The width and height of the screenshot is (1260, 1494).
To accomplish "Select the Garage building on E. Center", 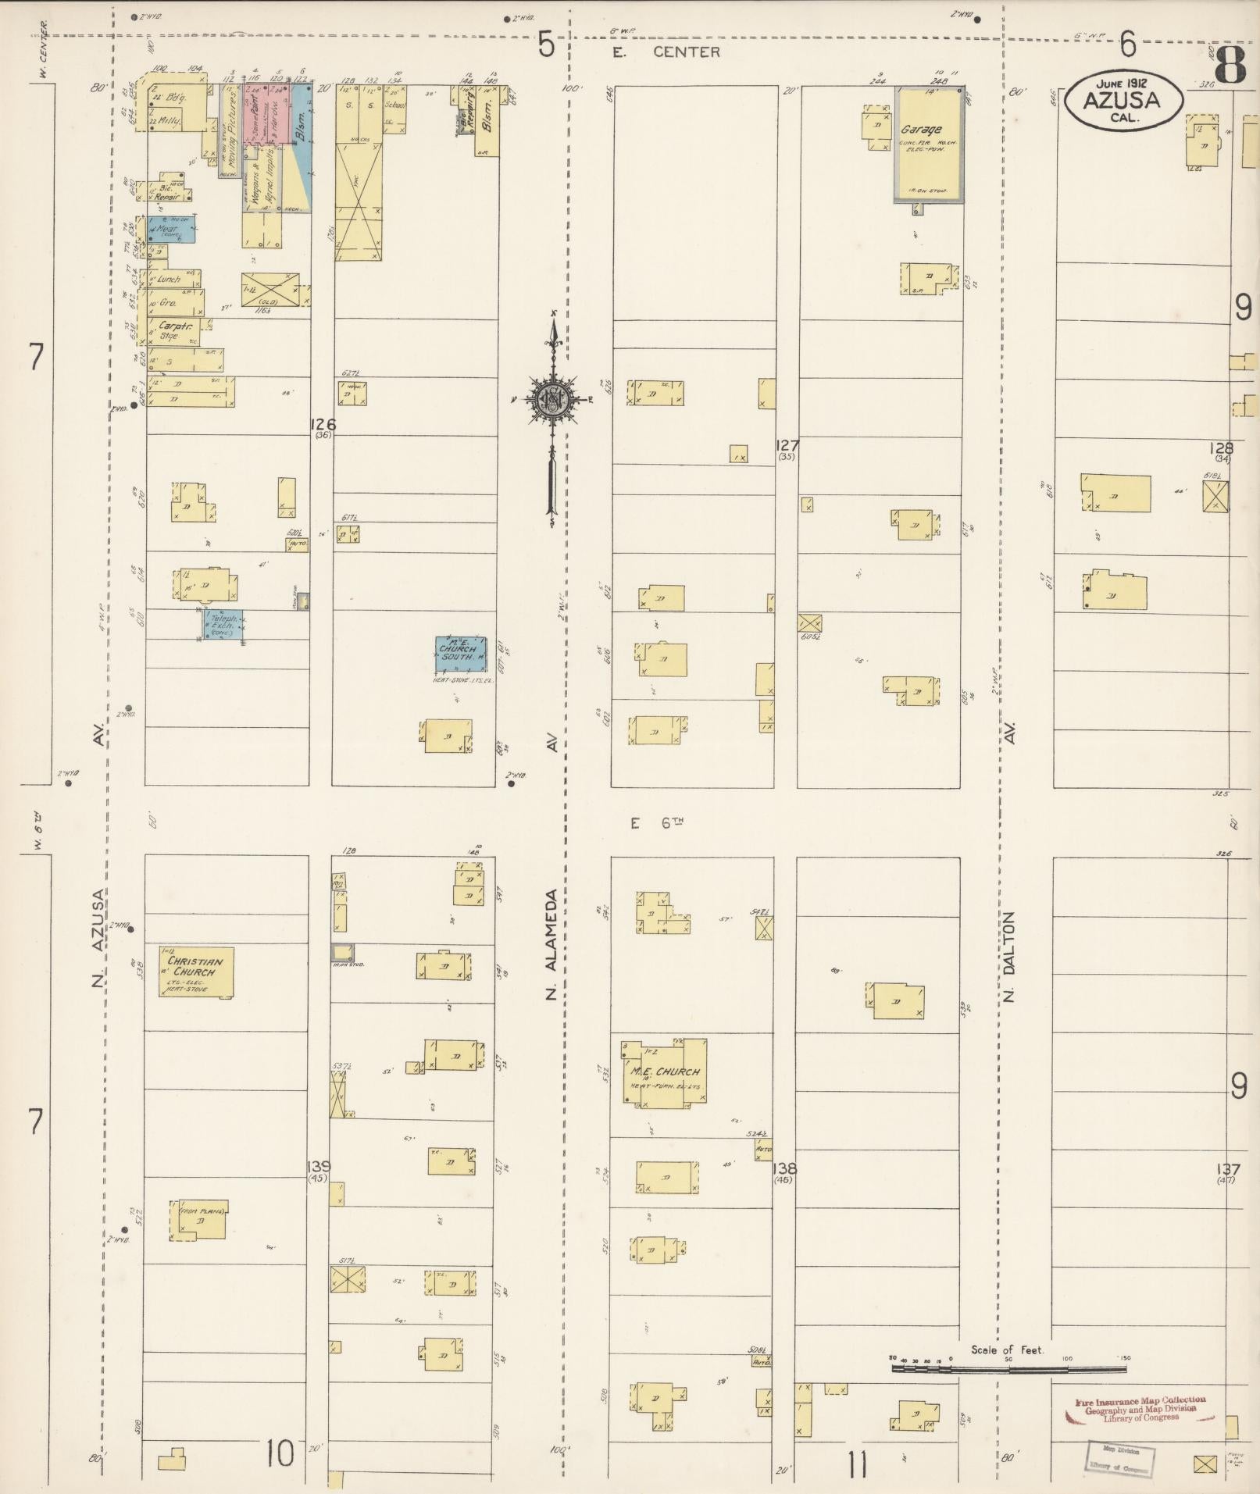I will [x=928, y=146].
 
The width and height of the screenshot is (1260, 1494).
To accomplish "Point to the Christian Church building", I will [x=196, y=971].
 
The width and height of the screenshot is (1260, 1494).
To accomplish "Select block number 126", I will [x=322, y=424].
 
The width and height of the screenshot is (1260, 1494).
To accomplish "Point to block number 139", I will [x=319, y=1167].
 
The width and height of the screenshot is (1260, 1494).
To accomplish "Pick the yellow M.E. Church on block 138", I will [x=665, y=1072].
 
